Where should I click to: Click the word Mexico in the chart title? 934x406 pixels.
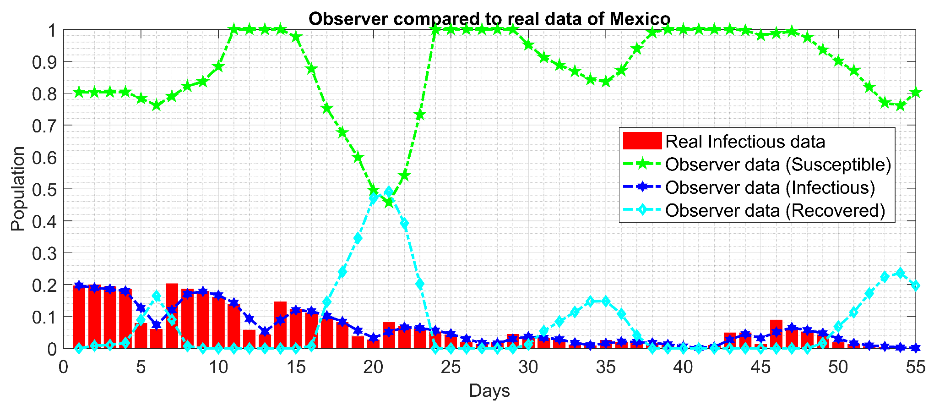[640, 19]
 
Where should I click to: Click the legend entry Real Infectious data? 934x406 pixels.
[745, 142]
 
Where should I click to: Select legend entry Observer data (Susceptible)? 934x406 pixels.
[778, 165]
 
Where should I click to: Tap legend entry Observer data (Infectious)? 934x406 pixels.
[770, 187]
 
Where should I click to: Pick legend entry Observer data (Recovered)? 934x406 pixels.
[775, 210]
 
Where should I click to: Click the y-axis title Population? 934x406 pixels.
[18, 189]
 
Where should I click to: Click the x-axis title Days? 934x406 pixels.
[489, 391]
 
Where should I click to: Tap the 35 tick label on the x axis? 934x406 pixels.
[605, 368]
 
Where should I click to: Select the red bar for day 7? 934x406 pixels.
[172, 316]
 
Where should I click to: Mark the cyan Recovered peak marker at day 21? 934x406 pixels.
[389, 192]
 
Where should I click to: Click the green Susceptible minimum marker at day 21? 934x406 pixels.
[389, 202]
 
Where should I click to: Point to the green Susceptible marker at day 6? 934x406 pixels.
[156, 105]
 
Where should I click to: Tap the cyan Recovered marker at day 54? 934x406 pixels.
[900, 273]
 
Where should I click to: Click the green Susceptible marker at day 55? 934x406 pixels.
[916, 93]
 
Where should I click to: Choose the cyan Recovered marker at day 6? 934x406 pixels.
[156, 296]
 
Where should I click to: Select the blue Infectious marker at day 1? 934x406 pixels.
[79, 285]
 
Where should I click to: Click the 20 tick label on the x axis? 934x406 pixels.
[373, 368]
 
